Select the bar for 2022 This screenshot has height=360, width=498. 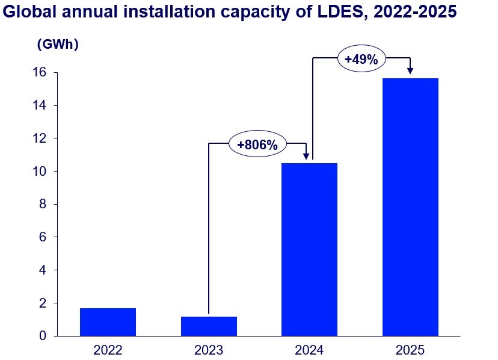pos(108,321)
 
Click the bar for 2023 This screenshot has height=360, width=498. pos(209,326)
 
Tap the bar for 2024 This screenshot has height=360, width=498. pos(309,249)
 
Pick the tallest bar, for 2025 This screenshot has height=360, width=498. pos(410,207)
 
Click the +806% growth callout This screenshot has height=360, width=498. pos(257,144)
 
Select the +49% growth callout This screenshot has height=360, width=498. pos(361,59)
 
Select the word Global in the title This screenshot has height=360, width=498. pos(30,11)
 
